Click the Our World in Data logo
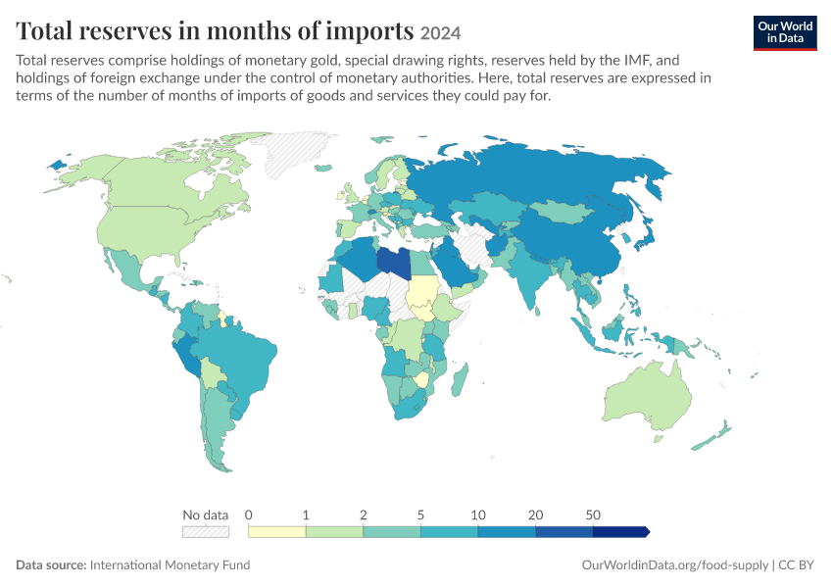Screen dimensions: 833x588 (x=785, y=33)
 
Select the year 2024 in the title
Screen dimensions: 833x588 (x=440, y=33)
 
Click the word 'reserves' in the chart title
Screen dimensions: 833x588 (x=125, y=30)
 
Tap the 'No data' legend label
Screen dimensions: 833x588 (x=205, y=514)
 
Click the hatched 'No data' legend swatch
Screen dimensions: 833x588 (x=206, y=532)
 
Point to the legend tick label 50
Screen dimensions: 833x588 (x=593, y=514)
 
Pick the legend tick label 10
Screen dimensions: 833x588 (x=478, y=514)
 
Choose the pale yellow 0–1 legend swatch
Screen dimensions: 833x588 (x=277, y=532)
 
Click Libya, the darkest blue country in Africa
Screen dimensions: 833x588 (x=394, y=263)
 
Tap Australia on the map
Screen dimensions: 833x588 (x=648, y=396)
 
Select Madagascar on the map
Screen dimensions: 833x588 (x=460, y=380)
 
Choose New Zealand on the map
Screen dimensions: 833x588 (x=710, y=436)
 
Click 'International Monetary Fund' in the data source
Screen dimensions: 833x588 (x=170, y=565)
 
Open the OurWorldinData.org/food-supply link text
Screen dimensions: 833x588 (x=674, y=565)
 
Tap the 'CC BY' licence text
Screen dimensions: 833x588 (x=796, y=565)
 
